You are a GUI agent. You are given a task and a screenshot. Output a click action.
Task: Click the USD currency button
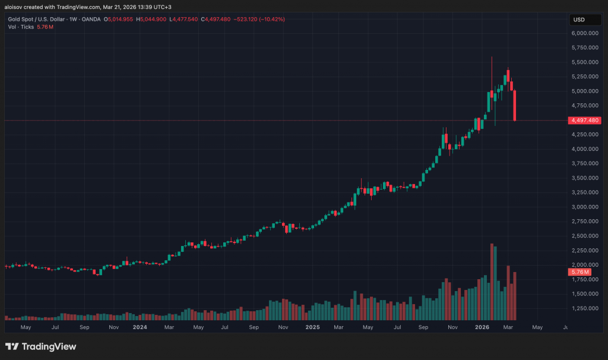tap(578, 20)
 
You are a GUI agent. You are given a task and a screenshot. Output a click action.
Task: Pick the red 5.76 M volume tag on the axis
tap(579, 272)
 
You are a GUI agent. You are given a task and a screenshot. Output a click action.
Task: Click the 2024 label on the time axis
tap(140, 327)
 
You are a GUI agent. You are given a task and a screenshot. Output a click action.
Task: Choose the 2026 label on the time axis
tap(482, 327)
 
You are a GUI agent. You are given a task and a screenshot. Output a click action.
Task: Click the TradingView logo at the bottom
tap(41, 346)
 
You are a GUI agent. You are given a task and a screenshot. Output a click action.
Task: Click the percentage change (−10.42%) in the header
tap(270, 20)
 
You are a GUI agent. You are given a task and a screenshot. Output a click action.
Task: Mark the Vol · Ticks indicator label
tap(21, 27)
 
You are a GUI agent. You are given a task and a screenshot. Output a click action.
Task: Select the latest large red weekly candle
tap(515, 106)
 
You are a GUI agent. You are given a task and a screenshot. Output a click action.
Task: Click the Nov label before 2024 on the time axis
tap(113, 327)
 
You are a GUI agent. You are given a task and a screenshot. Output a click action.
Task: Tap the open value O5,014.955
tap(119, 20)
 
